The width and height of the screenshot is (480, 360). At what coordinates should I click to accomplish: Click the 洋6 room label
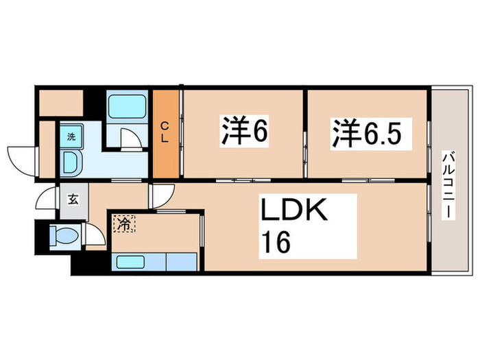pyautogui.click(x=243, y=132)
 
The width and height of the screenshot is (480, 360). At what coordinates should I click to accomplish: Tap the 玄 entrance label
pyautogui.click(x=72, y=200)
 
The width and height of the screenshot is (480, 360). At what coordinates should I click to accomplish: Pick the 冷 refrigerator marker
pyautogui.click(x=125, y=222)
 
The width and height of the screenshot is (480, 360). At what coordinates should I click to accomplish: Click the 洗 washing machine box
pyautogui.click(x=71, y=136)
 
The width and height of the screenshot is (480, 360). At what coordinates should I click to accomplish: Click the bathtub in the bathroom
pyautogui.click(x=126, y=106)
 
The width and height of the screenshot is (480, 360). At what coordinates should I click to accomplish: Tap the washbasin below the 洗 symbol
pyautogui.click(x=71, y=162)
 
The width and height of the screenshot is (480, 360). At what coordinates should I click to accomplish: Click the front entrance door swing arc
pyautogui.click(x=45, y=200)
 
